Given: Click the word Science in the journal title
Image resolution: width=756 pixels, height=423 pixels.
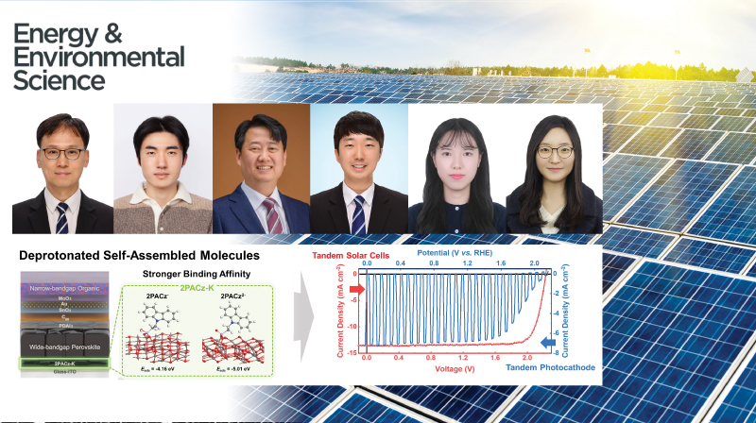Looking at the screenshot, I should click(x=59, y=81).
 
